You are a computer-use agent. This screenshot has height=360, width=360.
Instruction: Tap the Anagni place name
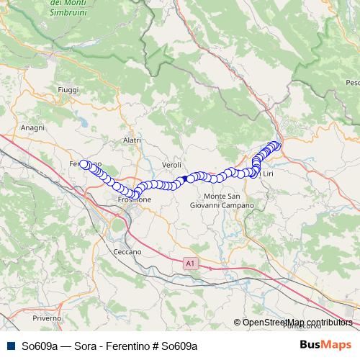coord(33,127)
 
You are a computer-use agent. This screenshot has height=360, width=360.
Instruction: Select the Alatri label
coord(132,140)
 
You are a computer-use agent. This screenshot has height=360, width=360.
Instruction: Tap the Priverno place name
coord(46,318)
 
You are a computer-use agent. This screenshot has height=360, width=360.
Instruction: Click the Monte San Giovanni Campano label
coord(222,202)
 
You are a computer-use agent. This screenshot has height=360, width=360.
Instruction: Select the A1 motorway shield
coord(189,264)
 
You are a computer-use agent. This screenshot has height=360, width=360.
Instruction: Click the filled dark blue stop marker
coord(186,178)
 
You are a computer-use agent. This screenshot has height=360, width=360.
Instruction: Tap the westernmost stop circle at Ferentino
coord(83,164)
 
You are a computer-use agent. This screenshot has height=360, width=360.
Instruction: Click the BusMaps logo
coord(325,346)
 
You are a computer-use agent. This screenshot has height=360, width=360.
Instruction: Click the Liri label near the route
coord(268,174)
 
